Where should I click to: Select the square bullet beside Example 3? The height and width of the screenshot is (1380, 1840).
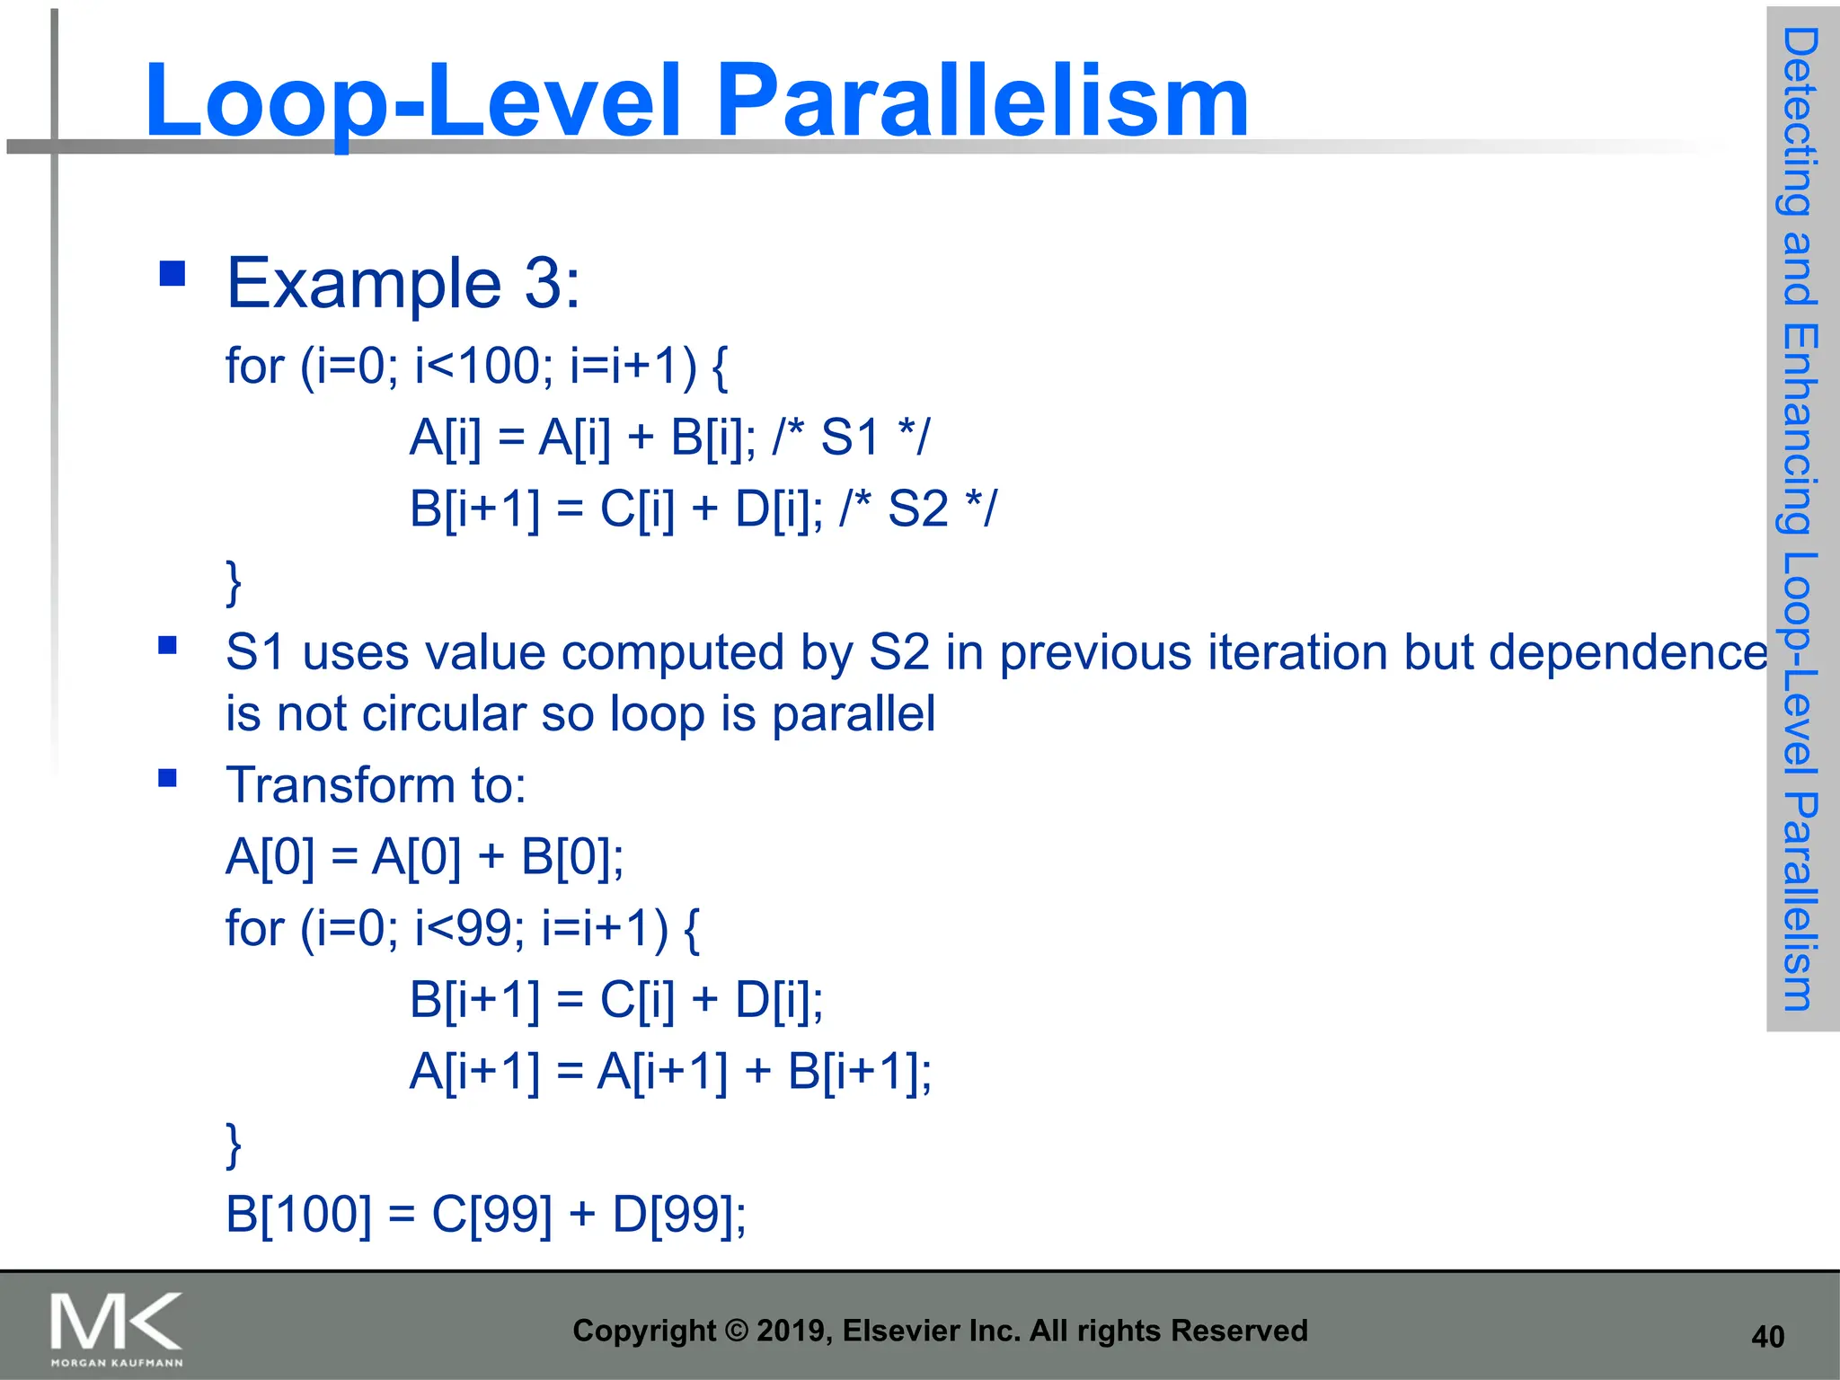172,273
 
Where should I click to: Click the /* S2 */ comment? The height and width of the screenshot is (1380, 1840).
917,509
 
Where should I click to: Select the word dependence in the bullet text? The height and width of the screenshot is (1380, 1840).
1627,652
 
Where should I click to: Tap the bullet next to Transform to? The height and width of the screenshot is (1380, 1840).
167,778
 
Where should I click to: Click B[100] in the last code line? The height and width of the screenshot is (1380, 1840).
297,1215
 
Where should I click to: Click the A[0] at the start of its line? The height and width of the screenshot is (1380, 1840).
270,856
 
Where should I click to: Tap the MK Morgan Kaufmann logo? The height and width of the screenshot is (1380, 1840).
116,1328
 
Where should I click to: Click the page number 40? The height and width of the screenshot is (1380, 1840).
1767,1337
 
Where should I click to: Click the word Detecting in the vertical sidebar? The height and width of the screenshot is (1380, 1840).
1800,121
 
